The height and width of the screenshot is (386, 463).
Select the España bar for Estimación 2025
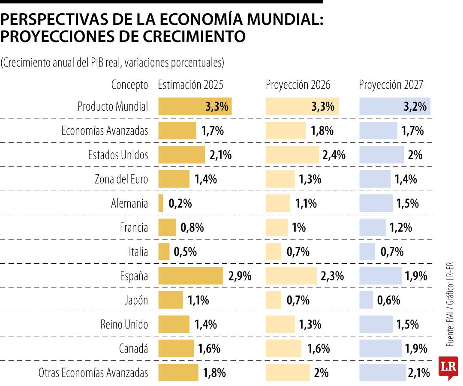click(190, 276)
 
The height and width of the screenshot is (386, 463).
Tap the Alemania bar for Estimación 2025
click(161, 203)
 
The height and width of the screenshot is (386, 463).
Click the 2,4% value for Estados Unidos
click(333, 155)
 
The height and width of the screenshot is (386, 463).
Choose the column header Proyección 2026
click(298, 85)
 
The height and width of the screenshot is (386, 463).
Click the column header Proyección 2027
click(391, 85)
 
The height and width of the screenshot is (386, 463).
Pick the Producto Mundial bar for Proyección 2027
click(394, 106)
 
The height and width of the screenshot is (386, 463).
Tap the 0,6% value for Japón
click(388, 300)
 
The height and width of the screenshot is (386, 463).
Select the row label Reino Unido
click(125, 325)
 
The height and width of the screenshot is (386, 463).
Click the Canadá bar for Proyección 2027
click(380, 349)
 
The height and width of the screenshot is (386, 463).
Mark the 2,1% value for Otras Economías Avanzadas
click(419, 373)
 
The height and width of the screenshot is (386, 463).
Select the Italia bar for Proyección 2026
click(274, 252)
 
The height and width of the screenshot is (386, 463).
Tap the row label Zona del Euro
click(121, 179)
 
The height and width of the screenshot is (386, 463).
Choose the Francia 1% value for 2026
click(299, 227)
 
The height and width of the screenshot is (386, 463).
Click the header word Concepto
click(129, 85)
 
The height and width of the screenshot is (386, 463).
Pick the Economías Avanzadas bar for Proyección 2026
click(286, 131)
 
